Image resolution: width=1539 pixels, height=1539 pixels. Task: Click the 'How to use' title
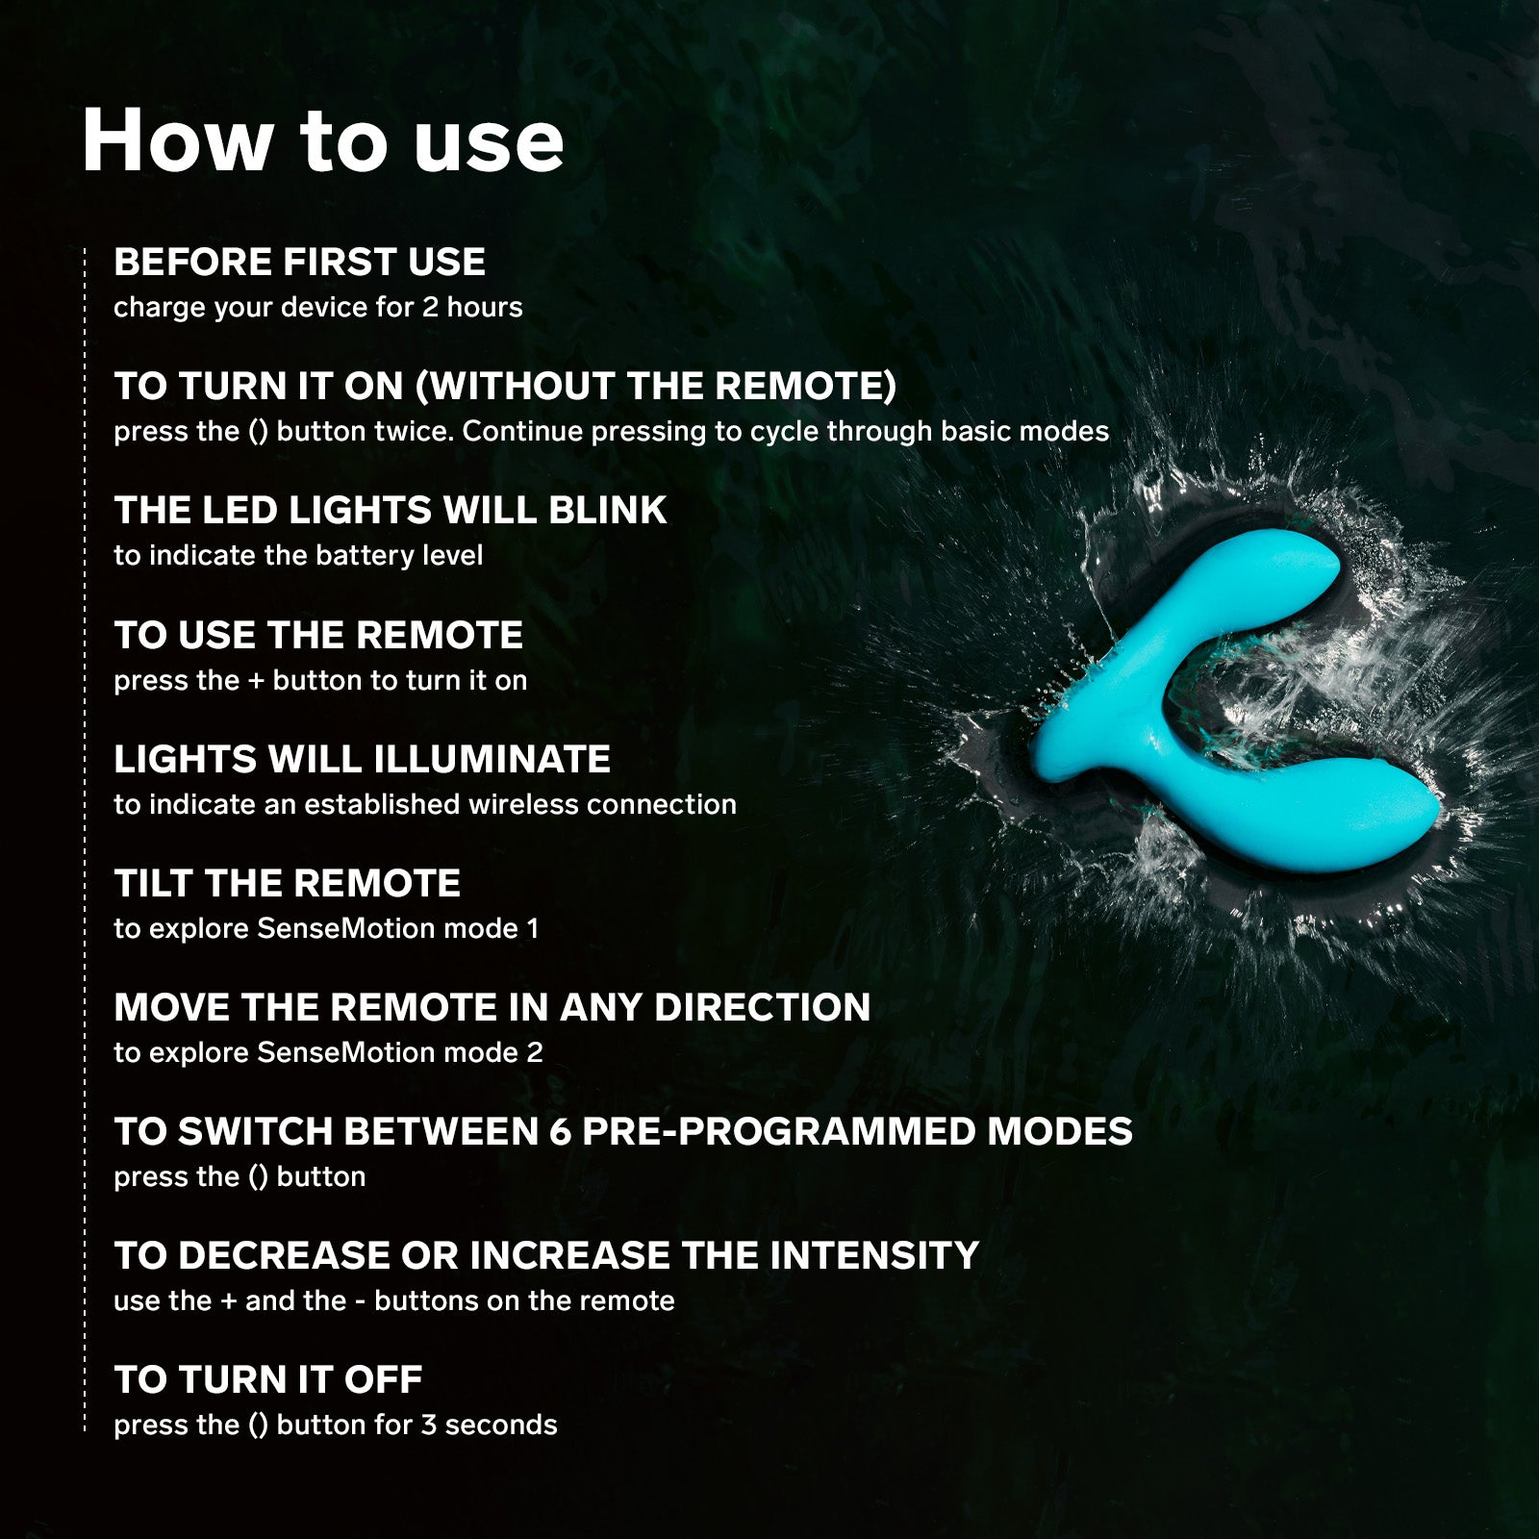pyautogui.click(x=323, y=141)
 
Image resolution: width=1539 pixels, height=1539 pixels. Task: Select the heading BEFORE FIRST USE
pyautogui.click(x=300, y=262)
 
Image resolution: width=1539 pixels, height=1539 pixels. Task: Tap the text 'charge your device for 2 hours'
pyautogui.click(x=318, y=308)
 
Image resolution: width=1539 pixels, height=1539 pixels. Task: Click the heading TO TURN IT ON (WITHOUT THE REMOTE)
pyautogui.click(x=506, y=386)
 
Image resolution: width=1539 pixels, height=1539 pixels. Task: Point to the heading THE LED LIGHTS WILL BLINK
pyautogui.click(x=391, y=510)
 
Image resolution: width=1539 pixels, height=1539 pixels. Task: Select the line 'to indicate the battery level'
pyautogui.click(x=298, y=555)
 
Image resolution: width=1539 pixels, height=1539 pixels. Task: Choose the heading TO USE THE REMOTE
pyautogui.click(x=318, y=635)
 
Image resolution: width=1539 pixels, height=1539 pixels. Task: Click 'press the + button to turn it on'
pyautogui.click(x=320, y=680)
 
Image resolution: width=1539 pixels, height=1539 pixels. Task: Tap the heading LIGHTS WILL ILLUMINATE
pyautogui.click(x=363, y=759)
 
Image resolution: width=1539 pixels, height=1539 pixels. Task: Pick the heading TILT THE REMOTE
pyautogui.click(x=288, y=883)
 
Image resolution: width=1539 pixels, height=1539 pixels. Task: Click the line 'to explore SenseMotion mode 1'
pyautogui.click(x=326, y=928)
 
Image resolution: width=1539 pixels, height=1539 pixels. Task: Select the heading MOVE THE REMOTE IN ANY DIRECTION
pyautogui.click(x=492, y=1007)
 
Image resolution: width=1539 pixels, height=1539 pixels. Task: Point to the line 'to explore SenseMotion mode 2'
pyautogui.click(x=328, y=1052)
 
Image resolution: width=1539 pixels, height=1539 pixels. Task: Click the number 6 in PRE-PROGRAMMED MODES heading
pyautogui.click(x=560, y=1131)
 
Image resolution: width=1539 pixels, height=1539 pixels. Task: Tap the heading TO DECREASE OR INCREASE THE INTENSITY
pyautogui.click(x=546, y=1255)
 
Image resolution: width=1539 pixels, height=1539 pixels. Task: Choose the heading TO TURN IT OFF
pyautogui.click(x=268, y=1379)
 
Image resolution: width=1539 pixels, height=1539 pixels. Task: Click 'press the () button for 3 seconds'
pyautogui.click(x=336, y=1425)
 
